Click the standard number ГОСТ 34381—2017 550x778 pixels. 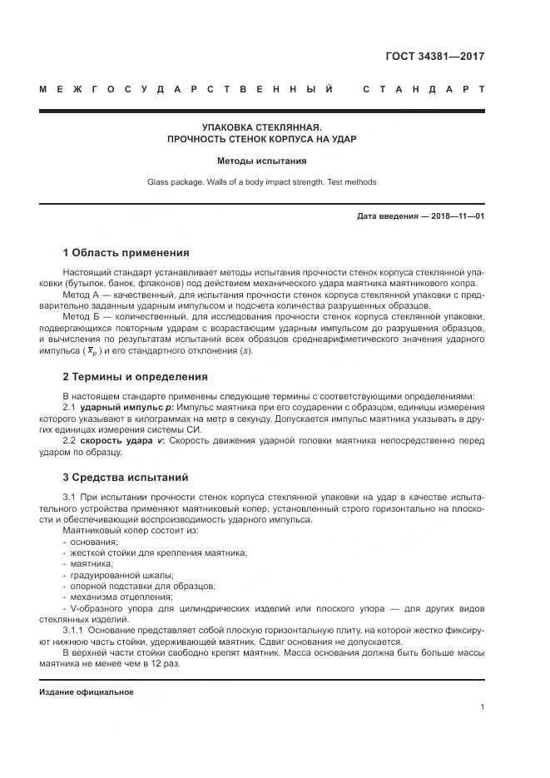coord(434,57)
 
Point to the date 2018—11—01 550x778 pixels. coord(455,216)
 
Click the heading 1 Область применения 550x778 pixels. coord(126,253)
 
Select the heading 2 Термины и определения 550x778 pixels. coord(135,377)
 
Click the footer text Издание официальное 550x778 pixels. coord(87,692)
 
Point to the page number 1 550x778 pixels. coord(482,707)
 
